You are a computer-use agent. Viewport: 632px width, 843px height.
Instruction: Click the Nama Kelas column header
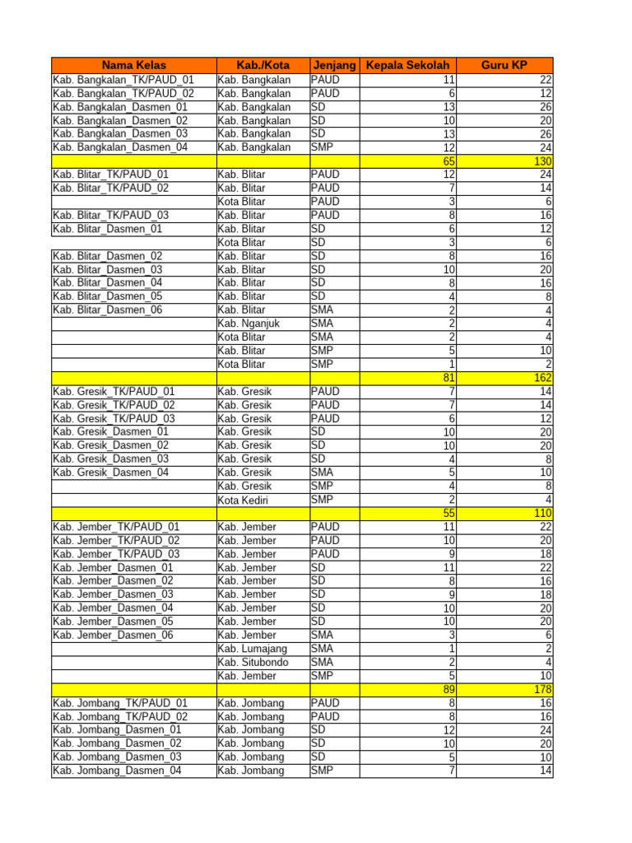133,66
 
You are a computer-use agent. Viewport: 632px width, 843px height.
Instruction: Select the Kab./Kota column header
262,66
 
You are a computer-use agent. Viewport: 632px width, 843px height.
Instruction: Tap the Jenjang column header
334,66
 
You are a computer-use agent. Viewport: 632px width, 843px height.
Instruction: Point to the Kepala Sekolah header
408,66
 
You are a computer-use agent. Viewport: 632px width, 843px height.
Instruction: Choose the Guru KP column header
506,66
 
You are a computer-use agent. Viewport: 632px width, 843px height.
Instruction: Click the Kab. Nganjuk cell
249,324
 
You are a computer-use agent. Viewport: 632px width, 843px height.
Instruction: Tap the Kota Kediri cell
245,500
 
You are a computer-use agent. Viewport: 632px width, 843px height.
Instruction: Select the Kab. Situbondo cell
253,662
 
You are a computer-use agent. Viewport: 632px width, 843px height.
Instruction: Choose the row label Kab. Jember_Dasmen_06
113,635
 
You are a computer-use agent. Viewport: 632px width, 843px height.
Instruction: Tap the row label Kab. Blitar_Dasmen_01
107,229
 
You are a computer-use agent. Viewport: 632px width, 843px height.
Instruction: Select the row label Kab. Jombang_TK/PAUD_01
120,703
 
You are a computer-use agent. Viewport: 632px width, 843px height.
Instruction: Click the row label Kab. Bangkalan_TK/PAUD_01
123,80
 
